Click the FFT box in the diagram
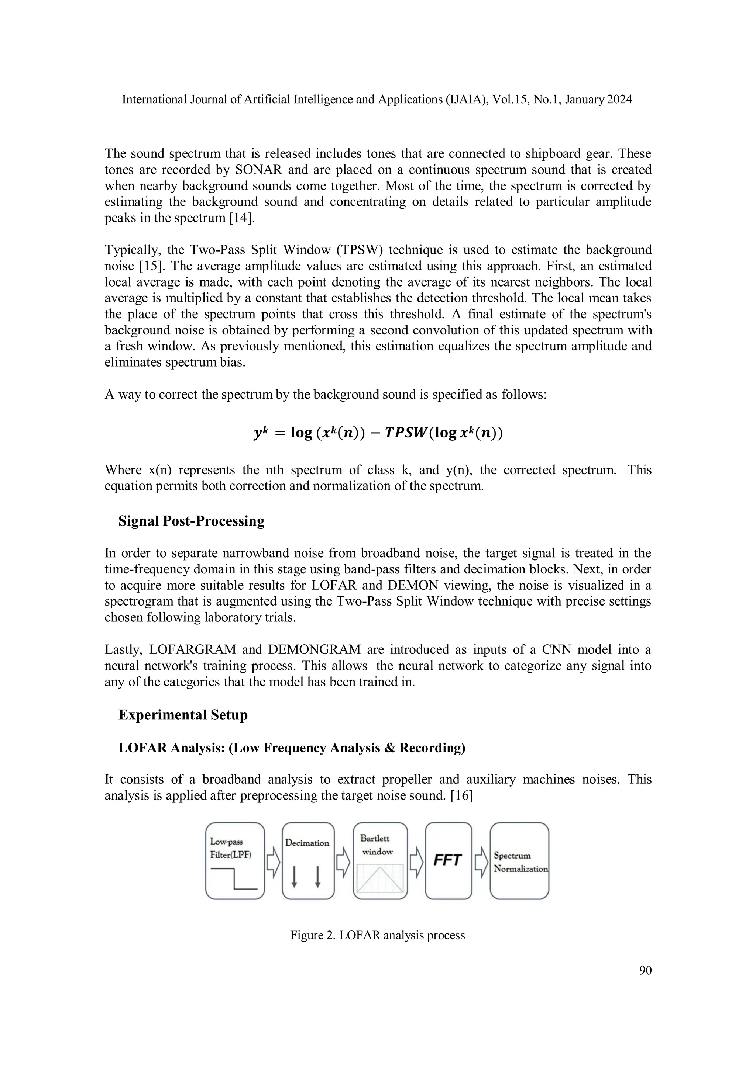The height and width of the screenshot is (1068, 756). pos(448,860)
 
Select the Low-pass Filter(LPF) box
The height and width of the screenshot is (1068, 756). pos(235,860)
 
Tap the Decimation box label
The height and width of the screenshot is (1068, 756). pos(307,843)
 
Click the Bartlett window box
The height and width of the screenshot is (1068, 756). pos(380,860)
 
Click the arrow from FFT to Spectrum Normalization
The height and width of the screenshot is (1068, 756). pos(481,860)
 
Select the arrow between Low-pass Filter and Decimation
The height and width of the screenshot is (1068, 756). pos(273,860)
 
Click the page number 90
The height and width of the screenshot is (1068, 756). pos(645,970)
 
